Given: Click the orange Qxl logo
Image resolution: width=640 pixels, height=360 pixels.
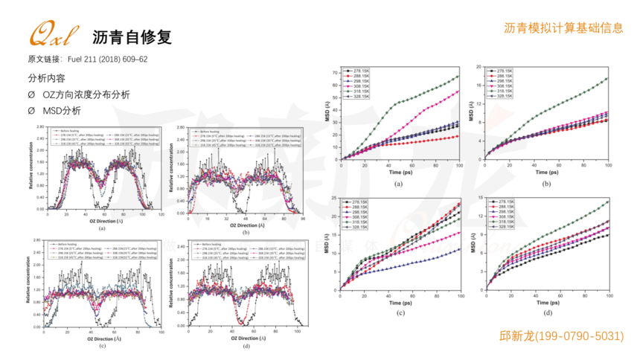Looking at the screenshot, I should click(51, 35).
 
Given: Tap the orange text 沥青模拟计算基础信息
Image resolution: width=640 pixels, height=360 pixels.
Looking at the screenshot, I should click(563, 28).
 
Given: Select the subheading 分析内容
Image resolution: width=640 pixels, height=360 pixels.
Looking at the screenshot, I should click(46, 77).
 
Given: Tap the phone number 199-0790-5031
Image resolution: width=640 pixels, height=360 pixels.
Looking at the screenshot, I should click(580, 336).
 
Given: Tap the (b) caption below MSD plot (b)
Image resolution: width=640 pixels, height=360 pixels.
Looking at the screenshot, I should click(547, 183).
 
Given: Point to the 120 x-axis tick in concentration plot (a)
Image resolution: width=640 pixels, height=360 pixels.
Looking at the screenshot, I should click(161, 213).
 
